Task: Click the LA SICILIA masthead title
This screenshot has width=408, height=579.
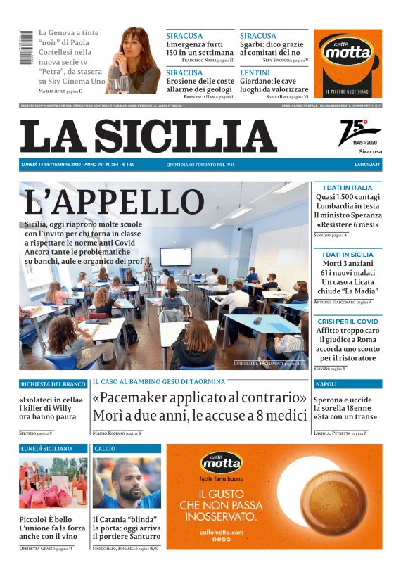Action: (148, 136)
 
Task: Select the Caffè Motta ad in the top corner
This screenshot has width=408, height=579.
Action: (348, 63)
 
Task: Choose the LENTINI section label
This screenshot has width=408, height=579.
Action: (255, 72)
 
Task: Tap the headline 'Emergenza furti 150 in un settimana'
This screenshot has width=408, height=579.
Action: (200, 49)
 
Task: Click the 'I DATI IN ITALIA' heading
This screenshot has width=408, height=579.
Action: (348, 188)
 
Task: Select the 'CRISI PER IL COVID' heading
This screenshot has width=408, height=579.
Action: (348, 320)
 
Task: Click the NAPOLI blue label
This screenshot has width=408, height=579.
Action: (326, 384)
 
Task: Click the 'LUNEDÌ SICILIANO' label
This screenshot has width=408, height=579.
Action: (46, 448)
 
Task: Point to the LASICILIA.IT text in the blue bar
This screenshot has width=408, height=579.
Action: (367, 164)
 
